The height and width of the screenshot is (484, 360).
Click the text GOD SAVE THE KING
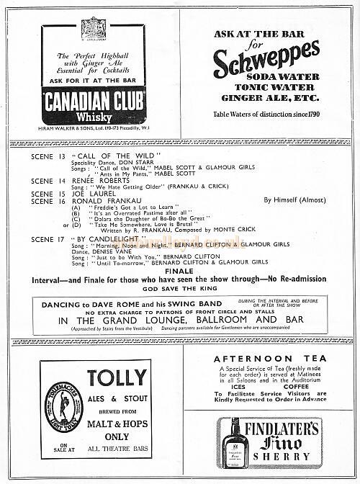pos(179,291)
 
